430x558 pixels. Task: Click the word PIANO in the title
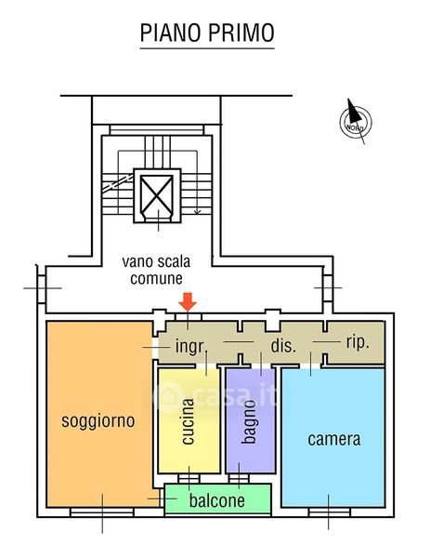click(x=171, y=33)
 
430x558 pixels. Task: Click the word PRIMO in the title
click(x=241, y=33)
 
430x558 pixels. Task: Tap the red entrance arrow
click(x=188, y=301)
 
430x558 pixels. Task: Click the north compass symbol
click(x=356, y=121)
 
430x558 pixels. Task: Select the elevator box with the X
click(x=157, y=195)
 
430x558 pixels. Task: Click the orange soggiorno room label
click(x=98, y=421)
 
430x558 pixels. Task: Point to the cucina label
click(x=188, y=421)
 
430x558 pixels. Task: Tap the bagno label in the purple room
click(x=250, y=422)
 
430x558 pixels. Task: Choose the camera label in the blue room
click(x=334, y=439)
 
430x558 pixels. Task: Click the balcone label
click(x=216, y=500)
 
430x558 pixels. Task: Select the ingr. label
click(x=190, y=347)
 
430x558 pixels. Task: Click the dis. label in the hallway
click(x=283, y=346)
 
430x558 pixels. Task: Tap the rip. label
click(x=358, y=342)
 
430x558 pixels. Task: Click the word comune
click(x=156, y=278)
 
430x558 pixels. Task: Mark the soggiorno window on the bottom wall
click(x=102, y=512)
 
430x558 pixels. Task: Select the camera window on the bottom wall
click(x=330, y=512)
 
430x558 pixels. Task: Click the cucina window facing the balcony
click(x=189, y=479)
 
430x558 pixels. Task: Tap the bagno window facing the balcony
click(x=239, y=479)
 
